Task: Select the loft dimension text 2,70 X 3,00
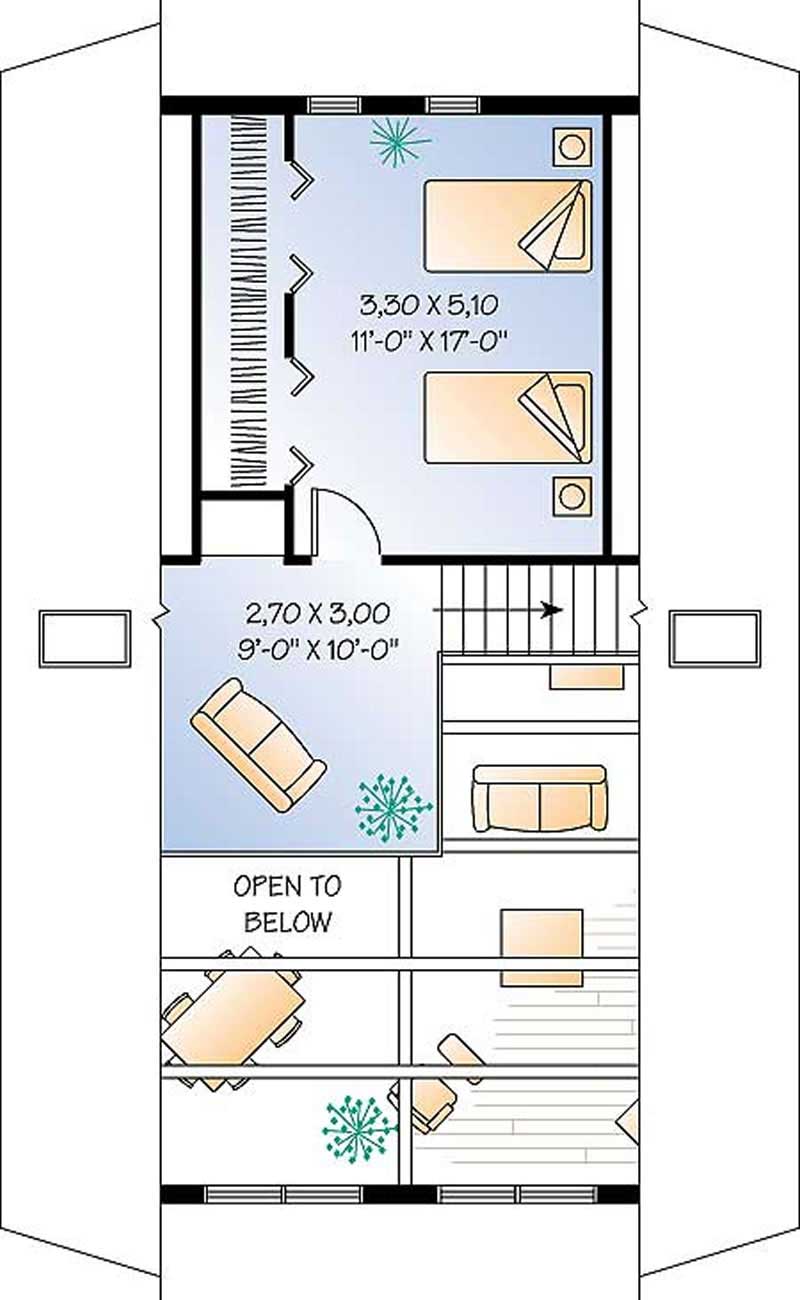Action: coord(318,611)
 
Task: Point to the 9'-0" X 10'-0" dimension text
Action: coord(318,648)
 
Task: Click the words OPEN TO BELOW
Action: coord(287,903)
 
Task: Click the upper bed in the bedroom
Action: coord(507,226)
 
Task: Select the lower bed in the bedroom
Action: coord(507,417)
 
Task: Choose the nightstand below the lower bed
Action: coord(572,495)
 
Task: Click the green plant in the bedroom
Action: coord(398,141)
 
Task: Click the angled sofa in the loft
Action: coord(258,742)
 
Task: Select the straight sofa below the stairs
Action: coord(540,798)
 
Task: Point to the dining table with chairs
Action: coord(233,1017)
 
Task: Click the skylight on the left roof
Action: coord(85,639)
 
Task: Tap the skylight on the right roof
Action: coord(715,639)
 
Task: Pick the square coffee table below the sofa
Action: coord(542,947)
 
